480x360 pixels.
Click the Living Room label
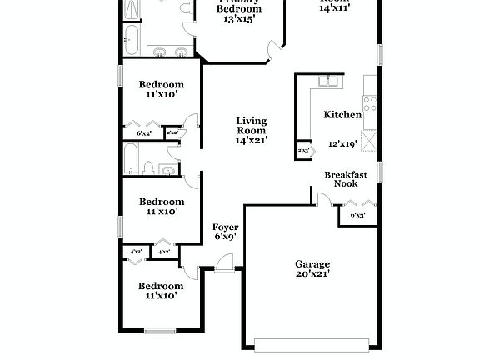(x=250, y=125)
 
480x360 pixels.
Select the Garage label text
(x=312, y=263)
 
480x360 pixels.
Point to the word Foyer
(x=225, y=227)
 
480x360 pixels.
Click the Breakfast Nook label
(x=346, y=180)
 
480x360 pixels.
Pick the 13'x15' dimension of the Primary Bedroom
(x=240, y=19)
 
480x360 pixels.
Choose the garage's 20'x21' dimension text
(x=312, y=273)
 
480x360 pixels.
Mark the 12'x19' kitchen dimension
(x=342, y=143)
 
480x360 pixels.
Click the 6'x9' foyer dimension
(x=225, y=236)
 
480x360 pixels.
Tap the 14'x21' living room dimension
(x=250, y=141)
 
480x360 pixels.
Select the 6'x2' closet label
(x=143, y=133)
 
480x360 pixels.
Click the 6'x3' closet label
(x=358, y=216)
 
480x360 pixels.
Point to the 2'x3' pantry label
(x=304, y=151)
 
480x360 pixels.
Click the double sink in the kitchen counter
(x=329, y=82)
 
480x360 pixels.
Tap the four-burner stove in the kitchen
(x=370, y=104)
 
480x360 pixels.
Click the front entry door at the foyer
(x=223, y=266)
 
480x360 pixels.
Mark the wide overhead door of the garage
(x=312, y=342)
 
